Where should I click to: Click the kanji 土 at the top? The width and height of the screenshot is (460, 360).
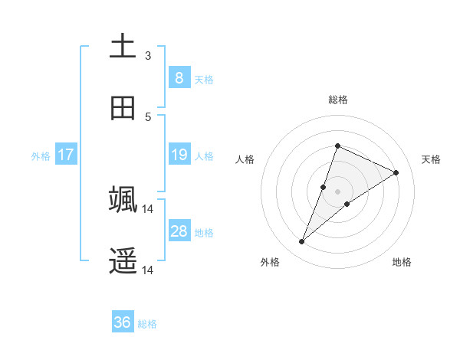(x=123, y=45)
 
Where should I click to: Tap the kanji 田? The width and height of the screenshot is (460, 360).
(x=123, y=108)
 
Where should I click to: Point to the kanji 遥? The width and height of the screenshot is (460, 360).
(x=123, y=260)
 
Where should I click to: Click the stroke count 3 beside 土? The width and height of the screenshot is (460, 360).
(x=148, y=55)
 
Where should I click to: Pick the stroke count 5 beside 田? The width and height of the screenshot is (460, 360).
(x=148, y=116)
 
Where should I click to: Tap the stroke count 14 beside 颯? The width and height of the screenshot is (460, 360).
(x=148, y=208)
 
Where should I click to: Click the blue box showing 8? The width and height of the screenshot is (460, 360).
(x=179, y=78)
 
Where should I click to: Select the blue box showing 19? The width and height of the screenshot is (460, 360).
(x=179, y=155)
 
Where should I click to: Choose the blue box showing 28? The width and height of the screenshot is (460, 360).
(x=179, y=231)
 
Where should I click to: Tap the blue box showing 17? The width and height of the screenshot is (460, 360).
(x=65, y=155)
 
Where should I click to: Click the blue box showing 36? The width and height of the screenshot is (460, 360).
(x=122, y=322)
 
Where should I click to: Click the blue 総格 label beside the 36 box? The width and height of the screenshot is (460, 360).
(x=147, y=324)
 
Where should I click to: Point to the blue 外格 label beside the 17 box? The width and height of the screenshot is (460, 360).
(x=41, y=156)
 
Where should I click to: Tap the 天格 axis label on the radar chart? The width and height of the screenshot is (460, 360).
(x=431, y=159)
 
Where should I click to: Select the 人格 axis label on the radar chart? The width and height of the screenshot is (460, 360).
(x=245, y=159)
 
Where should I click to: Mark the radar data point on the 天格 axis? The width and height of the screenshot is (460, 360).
(x=396, y=172)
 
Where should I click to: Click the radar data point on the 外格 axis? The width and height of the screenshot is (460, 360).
(x=302, y=242)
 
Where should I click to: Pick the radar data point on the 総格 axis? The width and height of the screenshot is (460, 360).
(x=337, y=146)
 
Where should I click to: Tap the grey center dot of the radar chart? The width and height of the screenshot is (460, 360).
(x=337, y=191)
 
